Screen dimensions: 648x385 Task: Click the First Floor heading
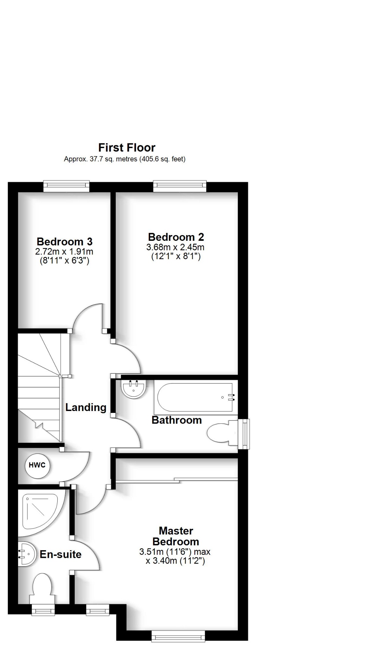coord(127,148)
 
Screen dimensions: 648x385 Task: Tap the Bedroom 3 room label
coord(65,242)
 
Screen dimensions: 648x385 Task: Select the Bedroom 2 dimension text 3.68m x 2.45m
coord(175,247)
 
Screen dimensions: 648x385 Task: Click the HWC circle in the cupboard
coord(37,465)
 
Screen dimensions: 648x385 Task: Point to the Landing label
coord(86,408)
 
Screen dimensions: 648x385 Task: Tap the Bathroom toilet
coord(222,433)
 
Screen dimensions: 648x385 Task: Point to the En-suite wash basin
coord(25,554)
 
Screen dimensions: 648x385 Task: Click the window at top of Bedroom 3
coord(66,186)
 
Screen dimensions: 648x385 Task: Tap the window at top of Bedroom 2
coord(179,186)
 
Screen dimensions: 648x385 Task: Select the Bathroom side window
coord(244,434)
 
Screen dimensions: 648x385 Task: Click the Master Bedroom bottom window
coord(178,636)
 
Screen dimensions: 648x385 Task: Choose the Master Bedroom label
coord(176,536)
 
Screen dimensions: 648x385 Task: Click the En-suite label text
coord(60,554)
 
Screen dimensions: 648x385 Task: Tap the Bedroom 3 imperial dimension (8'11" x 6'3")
coord(65,261)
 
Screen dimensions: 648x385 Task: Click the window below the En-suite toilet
coord(43,610)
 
